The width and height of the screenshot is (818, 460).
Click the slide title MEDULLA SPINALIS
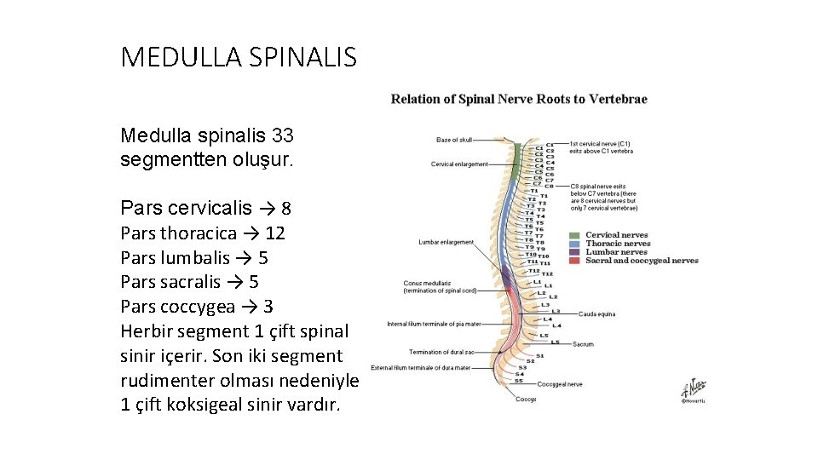239,57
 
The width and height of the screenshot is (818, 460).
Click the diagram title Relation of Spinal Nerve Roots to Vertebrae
519,99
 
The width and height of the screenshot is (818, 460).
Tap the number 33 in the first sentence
282,135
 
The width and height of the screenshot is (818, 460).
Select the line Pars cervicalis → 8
206,208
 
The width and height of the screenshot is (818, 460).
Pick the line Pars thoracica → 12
203,233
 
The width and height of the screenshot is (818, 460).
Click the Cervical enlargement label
460,164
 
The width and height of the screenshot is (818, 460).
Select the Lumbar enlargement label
446,242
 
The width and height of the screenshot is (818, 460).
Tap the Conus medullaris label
428,284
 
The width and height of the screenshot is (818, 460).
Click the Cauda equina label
596,314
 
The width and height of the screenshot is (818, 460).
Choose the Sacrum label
583,344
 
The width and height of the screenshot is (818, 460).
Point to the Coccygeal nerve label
560,384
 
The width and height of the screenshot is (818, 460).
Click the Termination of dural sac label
441,352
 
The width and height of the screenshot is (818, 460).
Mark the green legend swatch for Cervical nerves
574,235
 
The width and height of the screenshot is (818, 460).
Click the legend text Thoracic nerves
617,244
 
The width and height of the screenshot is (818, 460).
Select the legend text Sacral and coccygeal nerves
641,261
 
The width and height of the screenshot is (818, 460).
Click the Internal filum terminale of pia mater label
434,325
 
